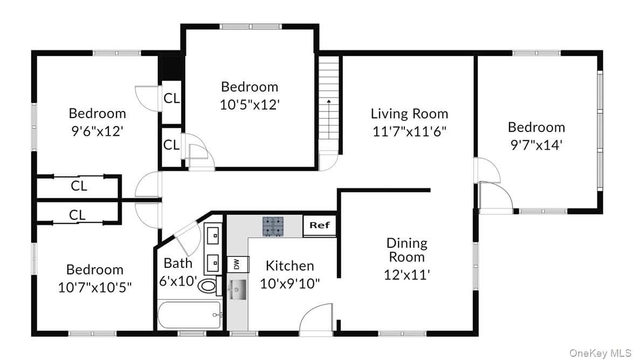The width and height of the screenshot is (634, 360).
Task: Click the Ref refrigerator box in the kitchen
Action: click(x=319, y=225)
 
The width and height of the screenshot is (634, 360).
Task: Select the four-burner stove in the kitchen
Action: click(x=273, y=226)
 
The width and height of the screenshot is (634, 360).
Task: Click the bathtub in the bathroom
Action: click(x=189, y=315)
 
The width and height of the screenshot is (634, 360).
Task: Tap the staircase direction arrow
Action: click(x=329, y=119)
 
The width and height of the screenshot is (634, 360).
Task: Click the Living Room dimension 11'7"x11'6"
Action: click(x=409, y=131)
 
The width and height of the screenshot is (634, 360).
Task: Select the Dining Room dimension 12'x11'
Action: click(x=406, y=275)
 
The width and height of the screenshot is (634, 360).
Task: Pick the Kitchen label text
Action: click(x=290, y=266)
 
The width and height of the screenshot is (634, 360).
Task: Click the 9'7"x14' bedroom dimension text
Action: click(x=536, y=145)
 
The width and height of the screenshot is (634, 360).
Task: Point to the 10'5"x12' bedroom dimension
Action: click(x=250, y=105)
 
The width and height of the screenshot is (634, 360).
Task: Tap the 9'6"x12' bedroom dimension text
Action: click(x=97, y=131)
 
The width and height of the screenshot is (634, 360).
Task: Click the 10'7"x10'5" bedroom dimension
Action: click(x=95, y=288)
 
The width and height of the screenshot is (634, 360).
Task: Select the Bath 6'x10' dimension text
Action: click(x=178, y=281)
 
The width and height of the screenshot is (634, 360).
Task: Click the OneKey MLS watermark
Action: click(x=600, y=353)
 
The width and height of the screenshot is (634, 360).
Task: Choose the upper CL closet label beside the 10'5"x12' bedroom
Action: click(x=171, y=98)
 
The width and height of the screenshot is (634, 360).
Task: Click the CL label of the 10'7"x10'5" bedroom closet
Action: click(x=77, y=215)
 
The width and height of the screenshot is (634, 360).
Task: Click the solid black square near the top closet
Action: click(x=171, y=68)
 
